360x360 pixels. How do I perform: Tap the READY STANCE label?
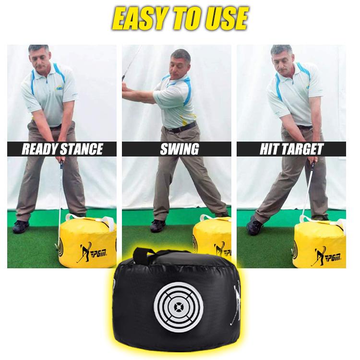click(x=62, y=149)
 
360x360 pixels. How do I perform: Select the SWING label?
click(x=179, y=149)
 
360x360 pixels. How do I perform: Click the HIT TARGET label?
click(x=291, y=149)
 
